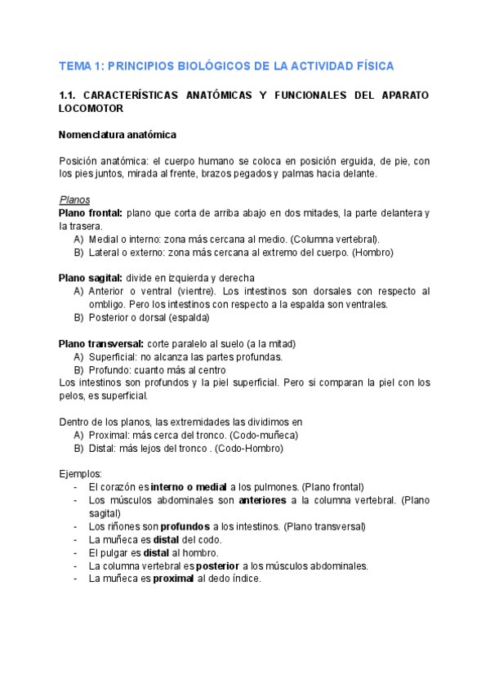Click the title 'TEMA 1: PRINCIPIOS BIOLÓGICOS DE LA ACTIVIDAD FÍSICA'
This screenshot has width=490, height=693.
pos(226,65)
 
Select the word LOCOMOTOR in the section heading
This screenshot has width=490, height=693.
pos(91,108)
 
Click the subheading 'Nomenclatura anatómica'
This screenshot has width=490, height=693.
pos(118,134)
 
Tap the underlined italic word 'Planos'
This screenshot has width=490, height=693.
pos(75,200)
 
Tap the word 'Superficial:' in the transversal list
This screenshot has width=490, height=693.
pos(114,356)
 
